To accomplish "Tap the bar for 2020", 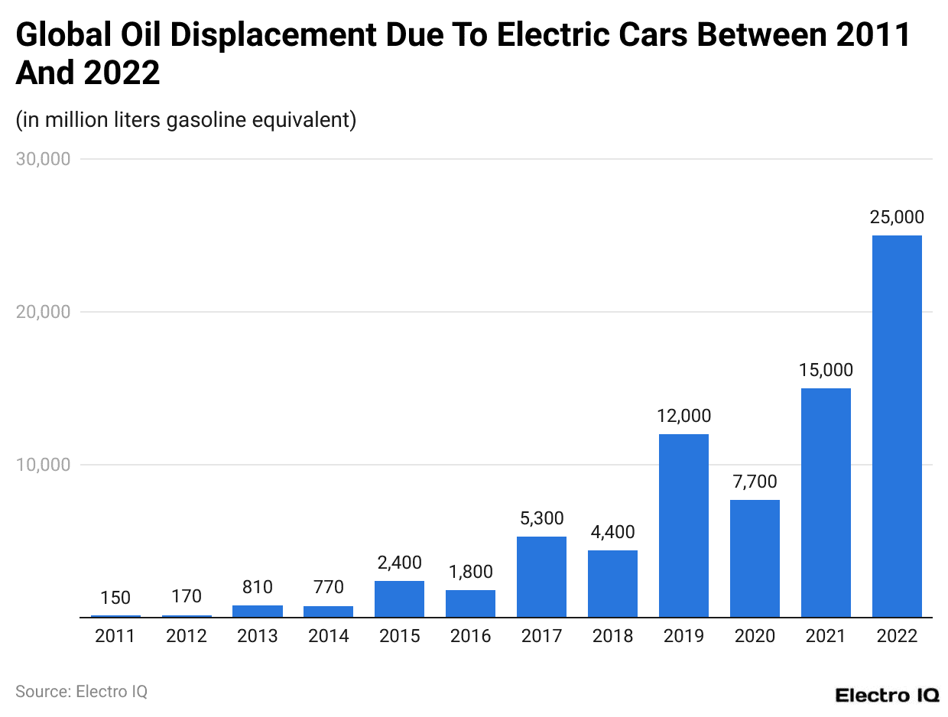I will click(x=755, y=558).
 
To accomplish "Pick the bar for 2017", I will click(x=541, y=576).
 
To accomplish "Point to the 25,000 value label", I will click(x=897, y=217).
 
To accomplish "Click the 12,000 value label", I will click(x=683, y=416).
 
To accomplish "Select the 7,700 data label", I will click(x=755, y=482).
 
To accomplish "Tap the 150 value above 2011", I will click(x=115, y=598).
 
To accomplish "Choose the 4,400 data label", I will click(x=612, y=532).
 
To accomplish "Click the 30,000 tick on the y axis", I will click(x=44, y=159).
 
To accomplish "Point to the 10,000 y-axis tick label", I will click(x=44, y=465).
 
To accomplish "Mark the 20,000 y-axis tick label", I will click(x=44, y=312).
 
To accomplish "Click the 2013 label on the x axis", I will click(x=258, y=636).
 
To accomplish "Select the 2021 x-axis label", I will click(x=826, y=636).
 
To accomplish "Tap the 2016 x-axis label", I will click(x=470, y=636).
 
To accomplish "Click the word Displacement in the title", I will click(x=279, y=35).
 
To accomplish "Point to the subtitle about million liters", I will click(x=186, y=120).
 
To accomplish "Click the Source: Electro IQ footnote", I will click(x=81, y=692).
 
